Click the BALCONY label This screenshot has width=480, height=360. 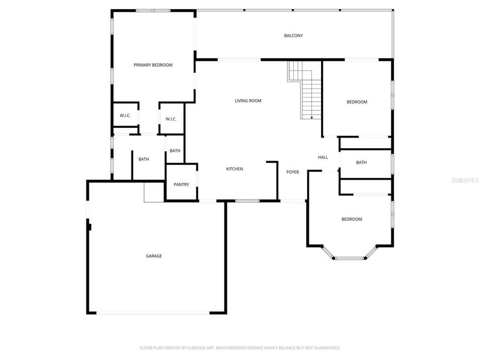click(x=293, y=36)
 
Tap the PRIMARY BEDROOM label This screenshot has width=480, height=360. click(x=153, y=65)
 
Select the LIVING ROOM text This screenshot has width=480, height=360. click(x=248, y=100)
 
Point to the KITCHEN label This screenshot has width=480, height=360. click(x=235, y=169)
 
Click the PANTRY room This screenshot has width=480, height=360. click(x=181, y=185)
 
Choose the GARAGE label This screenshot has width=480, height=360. click(x=154, y=256)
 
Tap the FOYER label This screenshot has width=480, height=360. click(x=293, y=172)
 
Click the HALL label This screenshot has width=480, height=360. click(x=323, y=157)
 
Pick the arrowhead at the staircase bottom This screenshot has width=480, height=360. click(x=311, y=117)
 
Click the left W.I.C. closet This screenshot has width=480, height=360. click(x=125, y=116)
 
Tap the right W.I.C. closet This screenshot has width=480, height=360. click(x=171, y=119)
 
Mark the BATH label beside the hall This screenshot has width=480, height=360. click(x=362, y=163)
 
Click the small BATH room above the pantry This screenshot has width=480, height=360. click(x=175, y=151)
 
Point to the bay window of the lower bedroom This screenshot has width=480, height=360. click(x=350, y=258)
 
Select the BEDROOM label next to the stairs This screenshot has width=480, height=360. click(x=357, y=102)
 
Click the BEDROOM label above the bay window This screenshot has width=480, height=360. click(x=351, y=219)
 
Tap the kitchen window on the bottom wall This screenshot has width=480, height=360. click(x=247, y=201)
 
